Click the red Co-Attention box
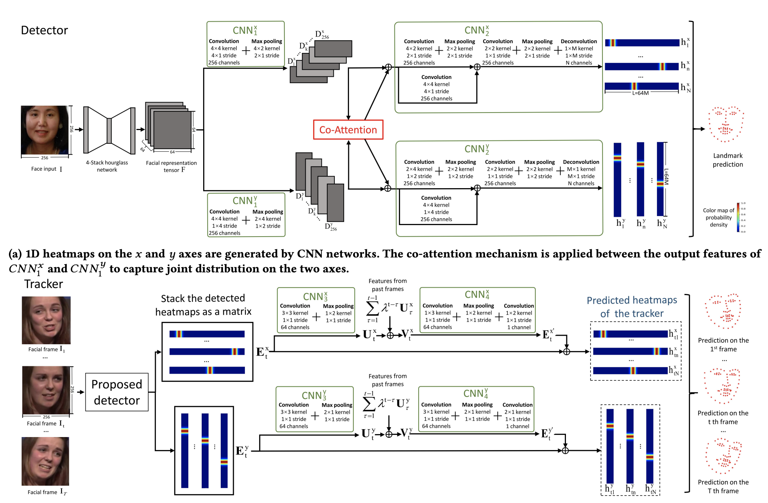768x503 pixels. (348, 130)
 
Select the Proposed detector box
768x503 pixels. (117, 392)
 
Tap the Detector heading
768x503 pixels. (44, 30)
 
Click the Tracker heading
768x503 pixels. (44, 284)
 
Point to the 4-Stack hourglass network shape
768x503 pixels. (109, 130)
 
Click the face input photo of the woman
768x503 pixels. (45, 130)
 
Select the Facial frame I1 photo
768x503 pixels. (46, 320)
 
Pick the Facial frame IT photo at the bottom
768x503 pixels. (45, 461)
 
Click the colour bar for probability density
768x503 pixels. (738, 217)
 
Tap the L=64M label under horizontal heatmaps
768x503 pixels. (640, 93)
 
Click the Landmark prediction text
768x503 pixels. (728, 160)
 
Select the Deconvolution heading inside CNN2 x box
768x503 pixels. (579, 41)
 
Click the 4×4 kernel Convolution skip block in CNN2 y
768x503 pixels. (436, 208)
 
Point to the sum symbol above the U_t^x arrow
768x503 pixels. (372, 309)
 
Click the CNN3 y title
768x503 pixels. (314, 395)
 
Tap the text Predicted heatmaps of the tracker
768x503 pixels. (632, 307)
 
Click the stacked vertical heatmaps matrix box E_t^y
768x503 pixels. (204, 450)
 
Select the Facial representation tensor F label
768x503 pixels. (171, 167)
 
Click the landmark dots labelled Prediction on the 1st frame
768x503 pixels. (723, 311)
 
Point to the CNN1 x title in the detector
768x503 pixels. (245, 30)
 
